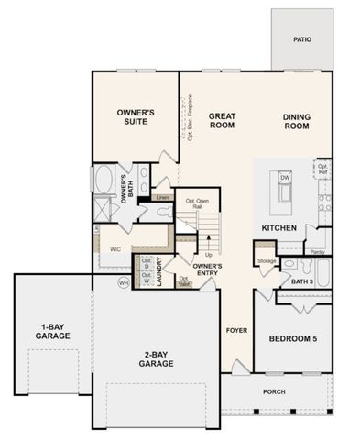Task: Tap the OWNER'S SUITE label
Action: click(x=136, y=116)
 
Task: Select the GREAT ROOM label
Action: click(x=223, y=120)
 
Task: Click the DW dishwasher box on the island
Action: click(x=285, y=177)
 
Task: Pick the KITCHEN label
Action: click(x=279, y=227)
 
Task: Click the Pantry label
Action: click(x=316, y=250)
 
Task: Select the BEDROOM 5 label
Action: click(x=292, y=339)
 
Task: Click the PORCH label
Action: click(x=274, y=391)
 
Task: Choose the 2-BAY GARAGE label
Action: click(x=156, y=358)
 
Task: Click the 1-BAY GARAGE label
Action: click(x=53, y=332)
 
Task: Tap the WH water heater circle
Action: click(x=124, y=282)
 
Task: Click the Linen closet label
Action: click(x=163, y=196)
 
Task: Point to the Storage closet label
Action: click(x=267, y=261)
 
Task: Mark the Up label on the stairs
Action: click(x=209, y=254)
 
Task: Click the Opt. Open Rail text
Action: click(x=197, y=204)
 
